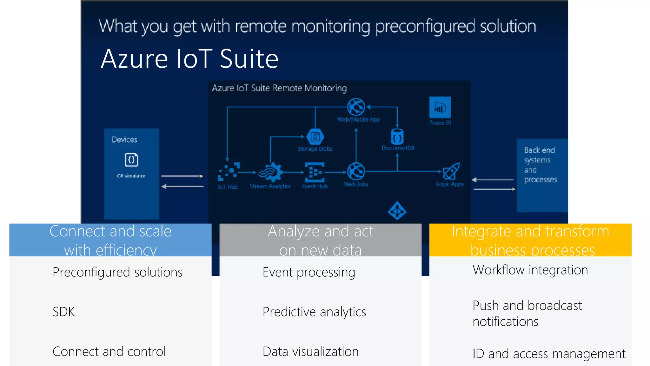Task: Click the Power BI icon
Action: (440, 107)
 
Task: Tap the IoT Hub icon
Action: (229, 172)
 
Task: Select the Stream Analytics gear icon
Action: (270, 172)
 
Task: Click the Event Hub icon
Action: (315, 172)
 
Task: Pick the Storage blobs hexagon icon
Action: (315, 137)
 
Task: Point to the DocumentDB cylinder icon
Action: (397, 137)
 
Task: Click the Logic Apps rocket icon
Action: (451, 172)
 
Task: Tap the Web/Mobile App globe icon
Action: (356, 107)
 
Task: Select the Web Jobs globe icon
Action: (356, 172)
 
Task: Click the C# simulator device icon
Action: (131, 159)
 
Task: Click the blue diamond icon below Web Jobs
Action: (397, 210)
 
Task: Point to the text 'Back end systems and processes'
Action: (540, 165)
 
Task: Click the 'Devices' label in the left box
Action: (124, 139)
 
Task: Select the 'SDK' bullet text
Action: (64, 312)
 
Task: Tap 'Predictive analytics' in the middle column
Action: (314, 312)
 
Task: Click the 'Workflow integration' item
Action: (530, 270)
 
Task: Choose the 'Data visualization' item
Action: (310, 351)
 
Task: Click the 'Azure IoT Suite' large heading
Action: (189, 59)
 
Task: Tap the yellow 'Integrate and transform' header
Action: (530, 240)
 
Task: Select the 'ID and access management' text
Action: (549, 354)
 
